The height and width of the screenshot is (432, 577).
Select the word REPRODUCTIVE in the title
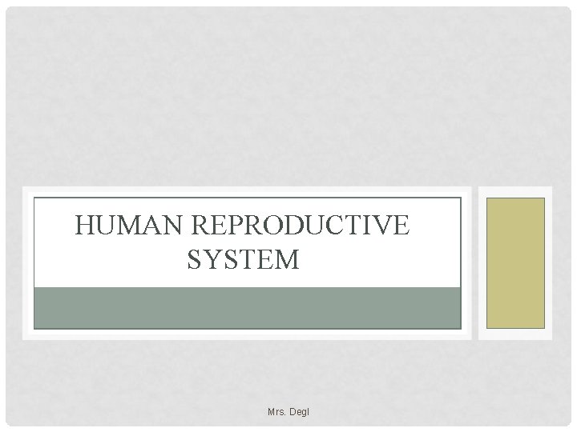tap(300, 226)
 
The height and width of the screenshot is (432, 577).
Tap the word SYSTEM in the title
tap(243, 260)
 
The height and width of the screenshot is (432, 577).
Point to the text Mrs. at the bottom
tap(278, 413)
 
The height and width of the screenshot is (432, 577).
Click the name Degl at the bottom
tap(299, 413)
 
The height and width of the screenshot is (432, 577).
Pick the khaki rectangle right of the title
tap(515, 262)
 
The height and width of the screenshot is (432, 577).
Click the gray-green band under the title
tap(247, 307)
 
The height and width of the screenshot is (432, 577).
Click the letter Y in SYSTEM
tap(215, 260)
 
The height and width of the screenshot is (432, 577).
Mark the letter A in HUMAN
tap(151, 226)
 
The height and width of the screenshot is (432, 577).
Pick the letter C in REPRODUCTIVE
tap(333, 226)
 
